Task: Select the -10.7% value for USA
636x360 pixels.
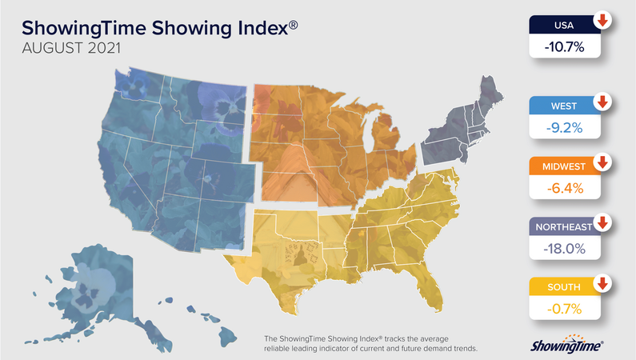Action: [565, 48]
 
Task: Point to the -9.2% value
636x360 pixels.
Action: [565, 128]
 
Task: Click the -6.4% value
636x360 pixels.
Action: [565, 189]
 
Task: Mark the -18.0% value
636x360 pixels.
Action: [565, 249]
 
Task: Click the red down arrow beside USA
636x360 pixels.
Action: [602, 21]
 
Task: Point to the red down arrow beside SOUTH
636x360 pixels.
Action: [602, 283]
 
